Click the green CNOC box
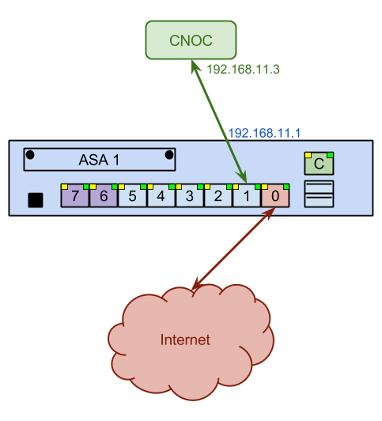(191, 40)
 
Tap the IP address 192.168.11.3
(243, 70)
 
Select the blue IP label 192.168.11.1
(264, 133)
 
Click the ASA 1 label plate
(100, 160)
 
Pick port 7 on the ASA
(75, 195)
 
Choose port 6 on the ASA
(104, 195)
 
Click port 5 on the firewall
(132, 195)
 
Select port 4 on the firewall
(161, 195)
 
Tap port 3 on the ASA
(189, 195)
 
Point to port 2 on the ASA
(218, 195)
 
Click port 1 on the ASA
(247, 195)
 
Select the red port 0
(275, 195)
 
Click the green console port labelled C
(319, 164)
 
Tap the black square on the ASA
(36, 200)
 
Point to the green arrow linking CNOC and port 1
(219, 121)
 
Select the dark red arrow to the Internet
(234, 249)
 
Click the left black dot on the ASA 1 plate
(30, 155)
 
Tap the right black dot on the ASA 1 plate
(169, 155)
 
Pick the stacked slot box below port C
(319, 194)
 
